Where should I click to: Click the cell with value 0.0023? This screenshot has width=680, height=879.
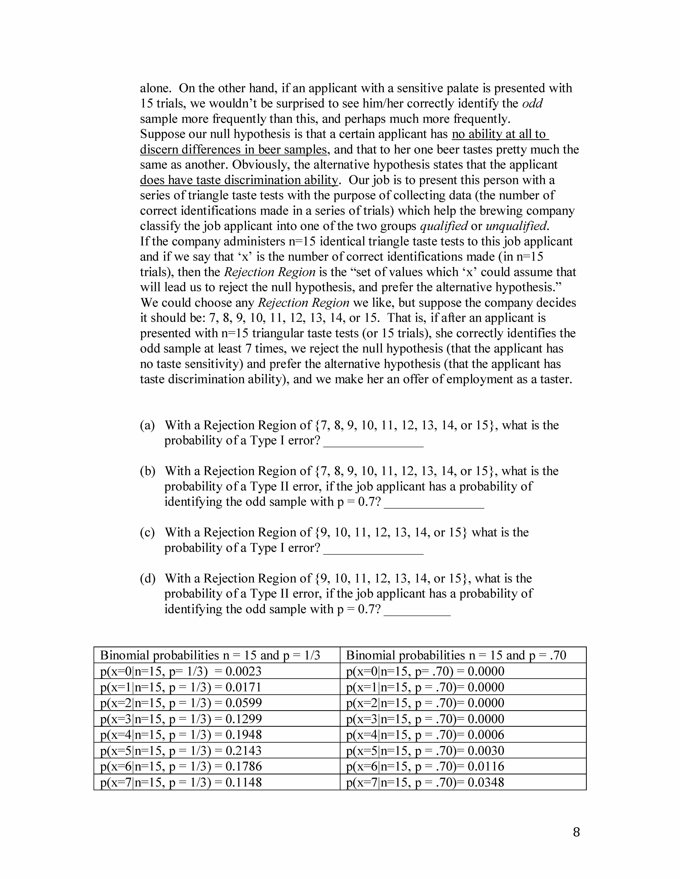tap(181, 671)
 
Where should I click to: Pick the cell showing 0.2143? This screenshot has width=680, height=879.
tap(181, 751)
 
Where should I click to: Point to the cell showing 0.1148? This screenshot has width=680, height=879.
tap(181, 782)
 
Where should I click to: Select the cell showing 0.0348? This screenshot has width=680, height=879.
tap(425, 782)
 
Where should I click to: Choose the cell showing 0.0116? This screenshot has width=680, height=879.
tap(425, 766)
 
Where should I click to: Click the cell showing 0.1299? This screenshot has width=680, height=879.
tap(181, 719)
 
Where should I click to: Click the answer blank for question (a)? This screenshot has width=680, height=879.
tap(373, 443)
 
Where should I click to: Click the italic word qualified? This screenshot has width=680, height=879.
tap(443, 226)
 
